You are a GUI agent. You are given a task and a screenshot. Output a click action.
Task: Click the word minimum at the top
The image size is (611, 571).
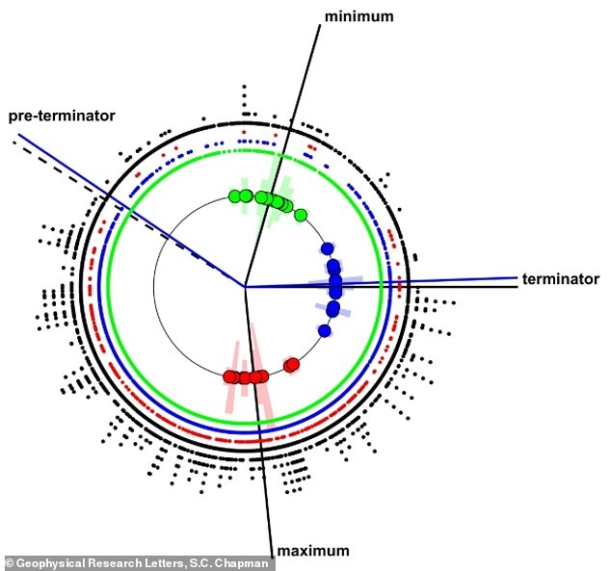pos(359,17)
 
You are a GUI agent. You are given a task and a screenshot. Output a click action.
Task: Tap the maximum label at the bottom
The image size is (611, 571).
pos(311,550)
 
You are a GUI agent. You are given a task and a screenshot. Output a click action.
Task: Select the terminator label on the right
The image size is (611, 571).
pos(561,278)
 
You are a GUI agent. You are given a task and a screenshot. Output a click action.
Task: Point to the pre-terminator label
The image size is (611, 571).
pos(62,116)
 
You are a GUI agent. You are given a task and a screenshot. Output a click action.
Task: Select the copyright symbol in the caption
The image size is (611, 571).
pos(9,561)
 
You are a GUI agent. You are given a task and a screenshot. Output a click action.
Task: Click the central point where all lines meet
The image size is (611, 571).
pos(245,286)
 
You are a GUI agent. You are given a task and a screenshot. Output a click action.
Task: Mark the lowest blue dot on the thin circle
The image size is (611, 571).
pos(325,331)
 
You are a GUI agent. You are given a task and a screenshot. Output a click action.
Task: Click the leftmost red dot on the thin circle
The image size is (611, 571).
pos(229,376)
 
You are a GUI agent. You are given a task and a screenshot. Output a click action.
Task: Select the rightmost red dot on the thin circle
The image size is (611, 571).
pos(291,364)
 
